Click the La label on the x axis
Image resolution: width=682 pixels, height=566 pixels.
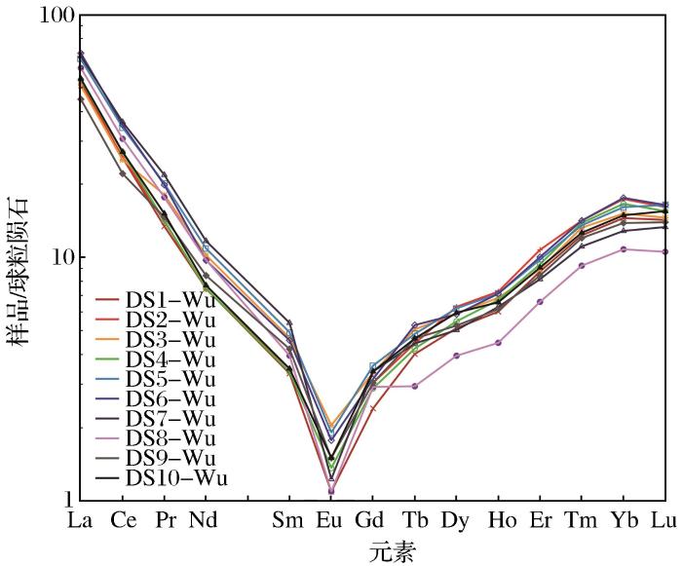[81, 520]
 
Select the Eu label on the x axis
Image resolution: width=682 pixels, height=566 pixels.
[330, 520]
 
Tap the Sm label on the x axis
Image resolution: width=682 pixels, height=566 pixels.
[288, 520]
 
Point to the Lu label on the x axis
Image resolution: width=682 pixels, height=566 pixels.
[664, 520]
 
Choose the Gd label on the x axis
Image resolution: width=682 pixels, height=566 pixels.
[372, 520]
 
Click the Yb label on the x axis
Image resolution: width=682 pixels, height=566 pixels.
[623, 520]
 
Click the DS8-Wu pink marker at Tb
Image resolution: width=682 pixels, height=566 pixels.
[414, 386]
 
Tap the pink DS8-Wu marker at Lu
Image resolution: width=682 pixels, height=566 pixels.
[664, 251]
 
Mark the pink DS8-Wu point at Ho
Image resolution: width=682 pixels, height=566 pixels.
[498, 343]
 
